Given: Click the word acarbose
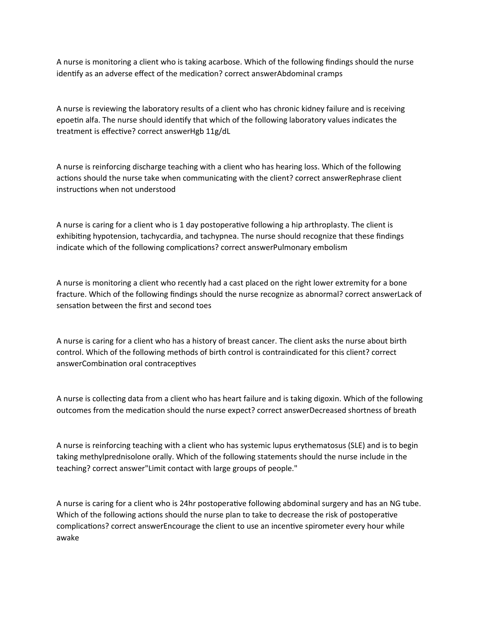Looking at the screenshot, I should (x=224, y=62).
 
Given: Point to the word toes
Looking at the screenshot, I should (x=204, y=306).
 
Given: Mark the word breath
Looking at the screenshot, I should (x=404, y=411).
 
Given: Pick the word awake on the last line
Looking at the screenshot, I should (x=68, y=538).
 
